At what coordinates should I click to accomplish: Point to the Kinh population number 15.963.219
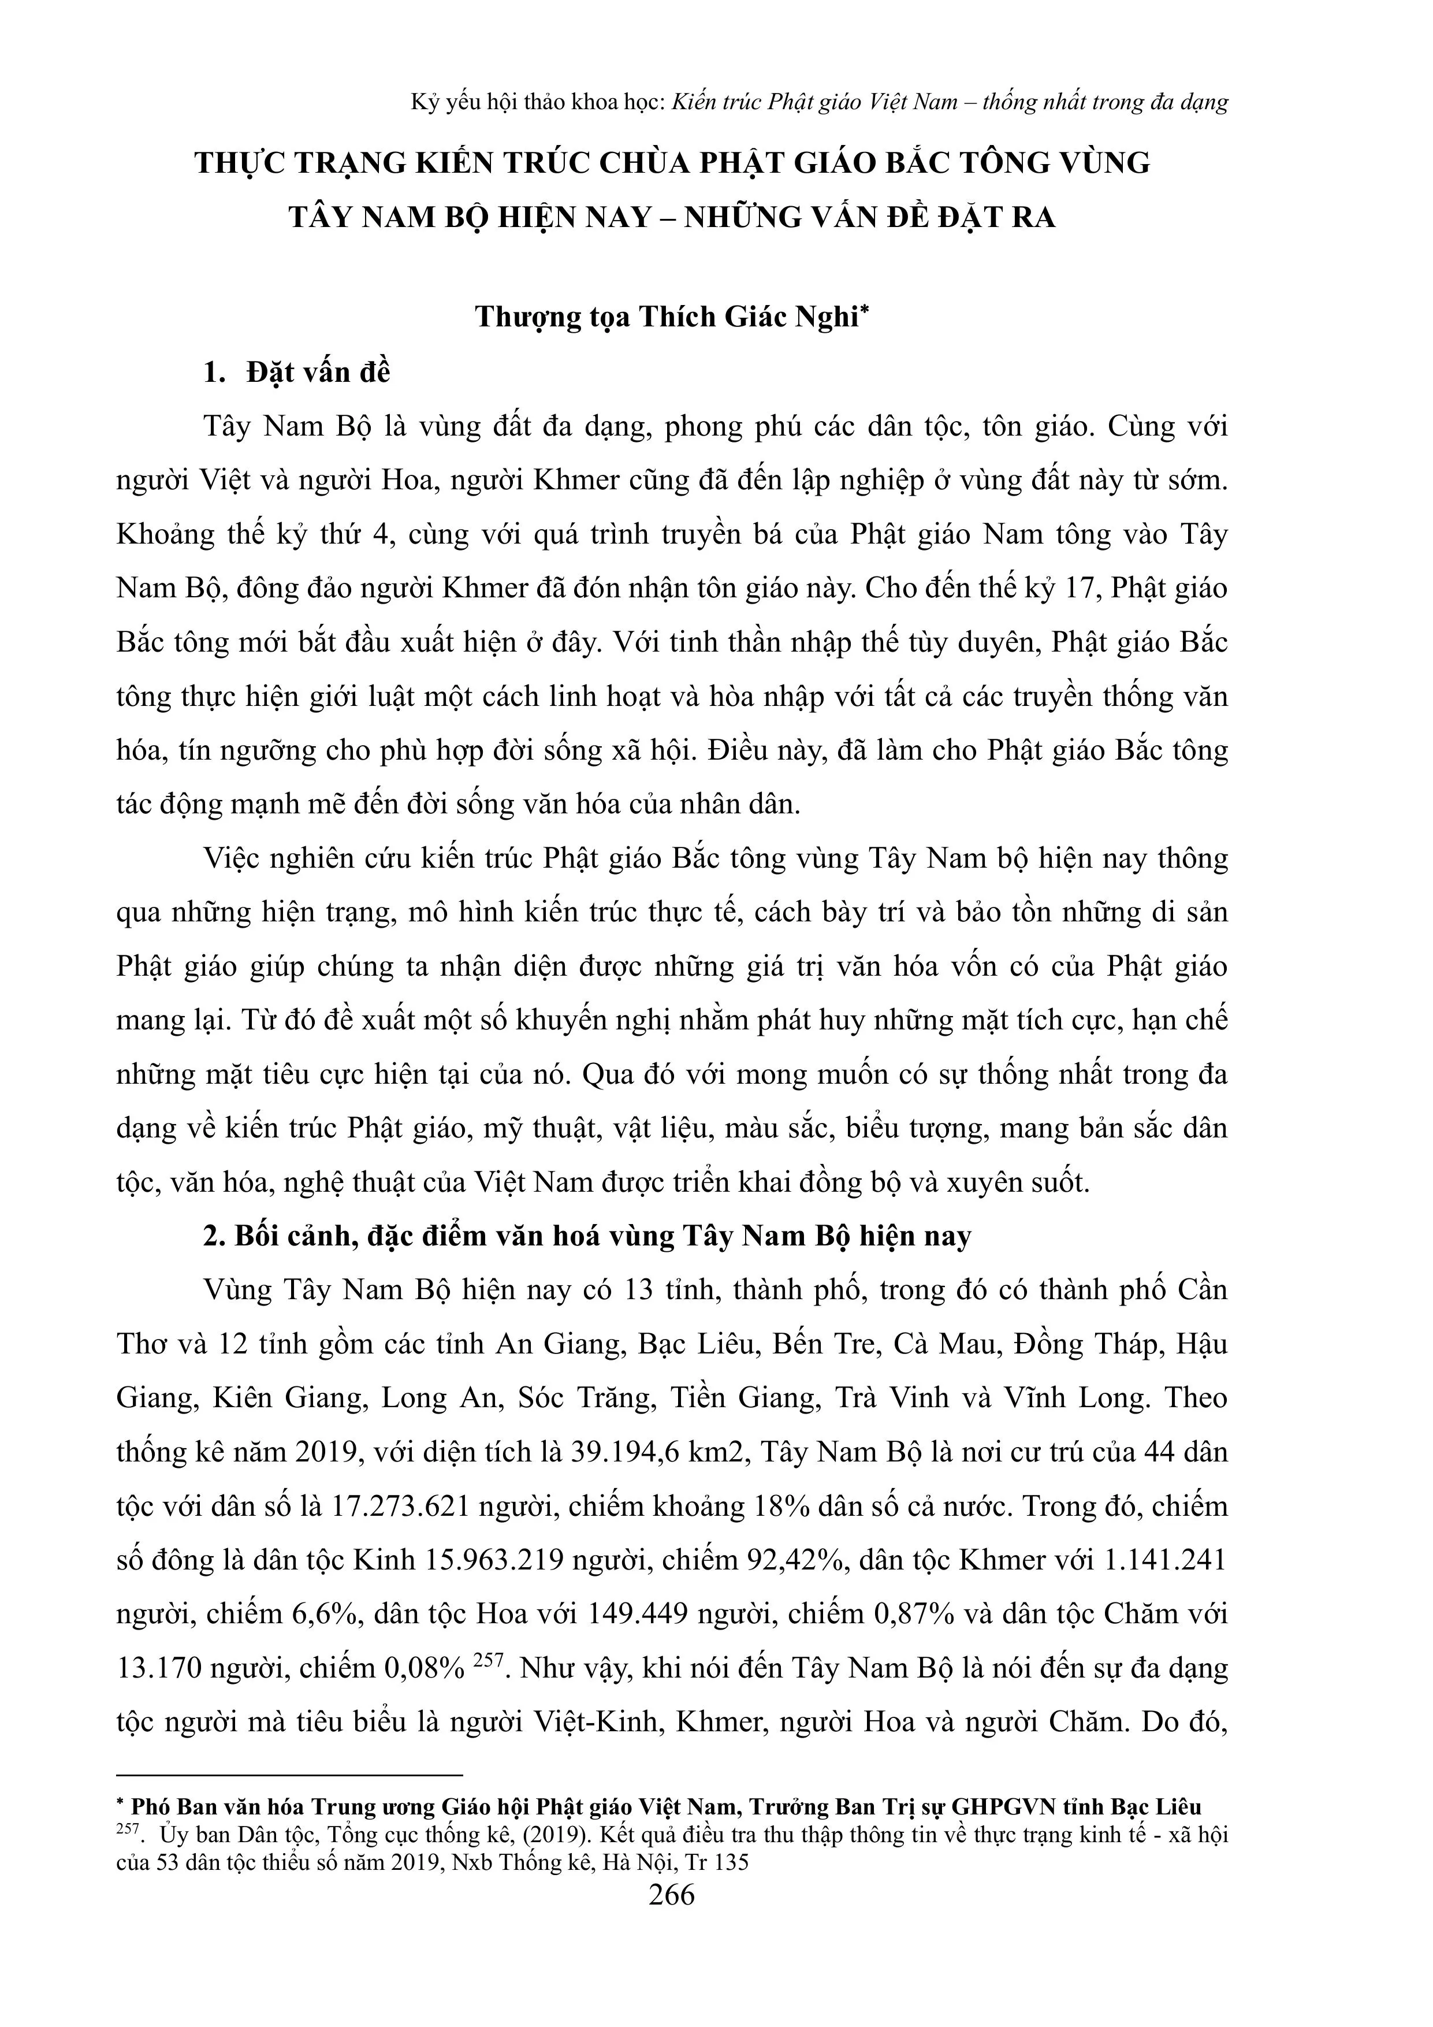[496, 1561]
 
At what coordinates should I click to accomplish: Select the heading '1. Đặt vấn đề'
[297, 373]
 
